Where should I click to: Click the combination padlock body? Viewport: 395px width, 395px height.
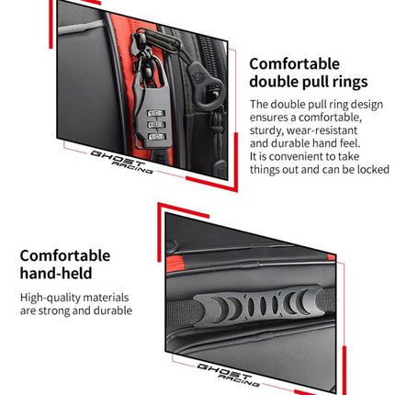tap(152, 117)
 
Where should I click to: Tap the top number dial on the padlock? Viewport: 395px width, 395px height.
tap(156, 113)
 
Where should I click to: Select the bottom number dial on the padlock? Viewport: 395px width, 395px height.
tap(156, 136)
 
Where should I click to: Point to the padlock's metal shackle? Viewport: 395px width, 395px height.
tap(152, 71)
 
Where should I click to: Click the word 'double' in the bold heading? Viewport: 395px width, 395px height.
tap(276, 82)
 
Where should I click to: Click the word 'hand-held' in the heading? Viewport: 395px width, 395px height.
tap(56, 273)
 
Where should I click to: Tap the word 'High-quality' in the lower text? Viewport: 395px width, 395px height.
tap(50, 298)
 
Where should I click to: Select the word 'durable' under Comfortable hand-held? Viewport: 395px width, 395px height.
tap(113, 310)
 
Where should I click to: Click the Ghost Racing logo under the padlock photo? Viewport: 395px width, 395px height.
tap(121, 163)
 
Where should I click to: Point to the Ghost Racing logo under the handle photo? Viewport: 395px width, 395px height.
tap(228, 375)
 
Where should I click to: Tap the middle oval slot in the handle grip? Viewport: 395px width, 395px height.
tap(263, 305)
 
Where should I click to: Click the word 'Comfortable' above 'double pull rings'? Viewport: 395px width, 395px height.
tap(294, 64)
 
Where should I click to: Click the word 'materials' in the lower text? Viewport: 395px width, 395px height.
tap(106, 298)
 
